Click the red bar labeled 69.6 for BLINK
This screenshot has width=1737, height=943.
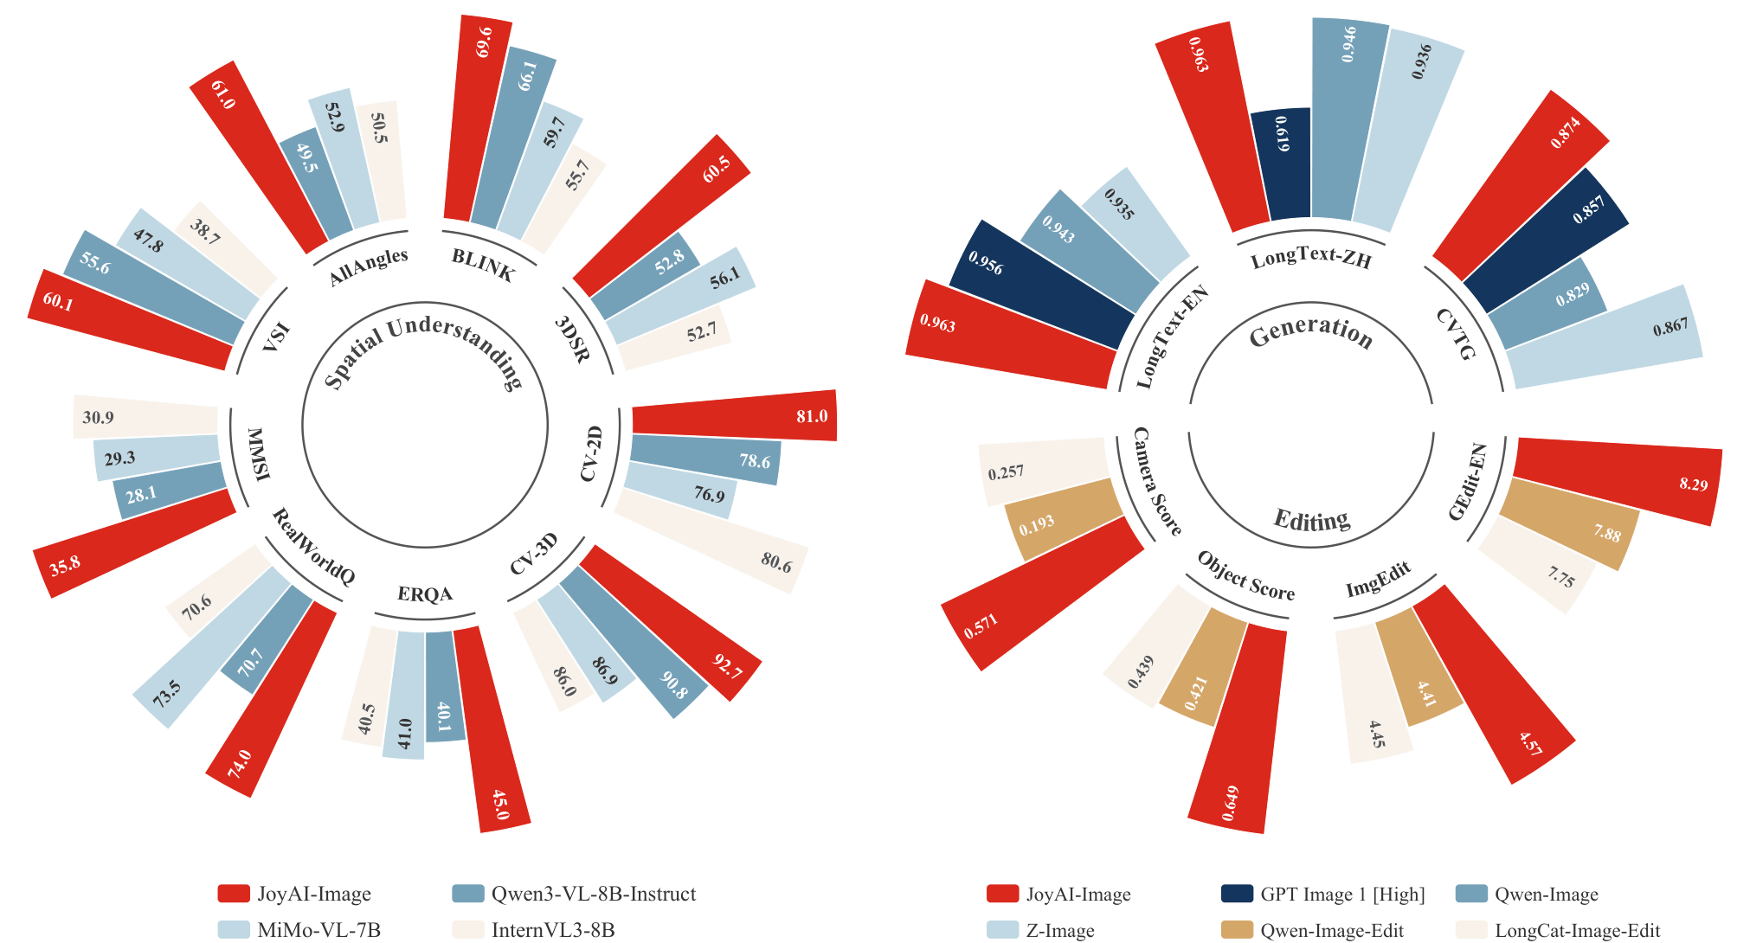coord(468,121)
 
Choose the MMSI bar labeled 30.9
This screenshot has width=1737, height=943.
coord(145,419)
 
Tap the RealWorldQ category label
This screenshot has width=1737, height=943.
coord(313,547)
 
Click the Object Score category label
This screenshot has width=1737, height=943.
coord(1245,575)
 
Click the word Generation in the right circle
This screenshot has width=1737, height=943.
coord(1311,331)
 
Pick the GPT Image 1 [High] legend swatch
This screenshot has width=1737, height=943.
coord(1237,894)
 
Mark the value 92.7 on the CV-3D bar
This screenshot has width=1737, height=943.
coord(727,666)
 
